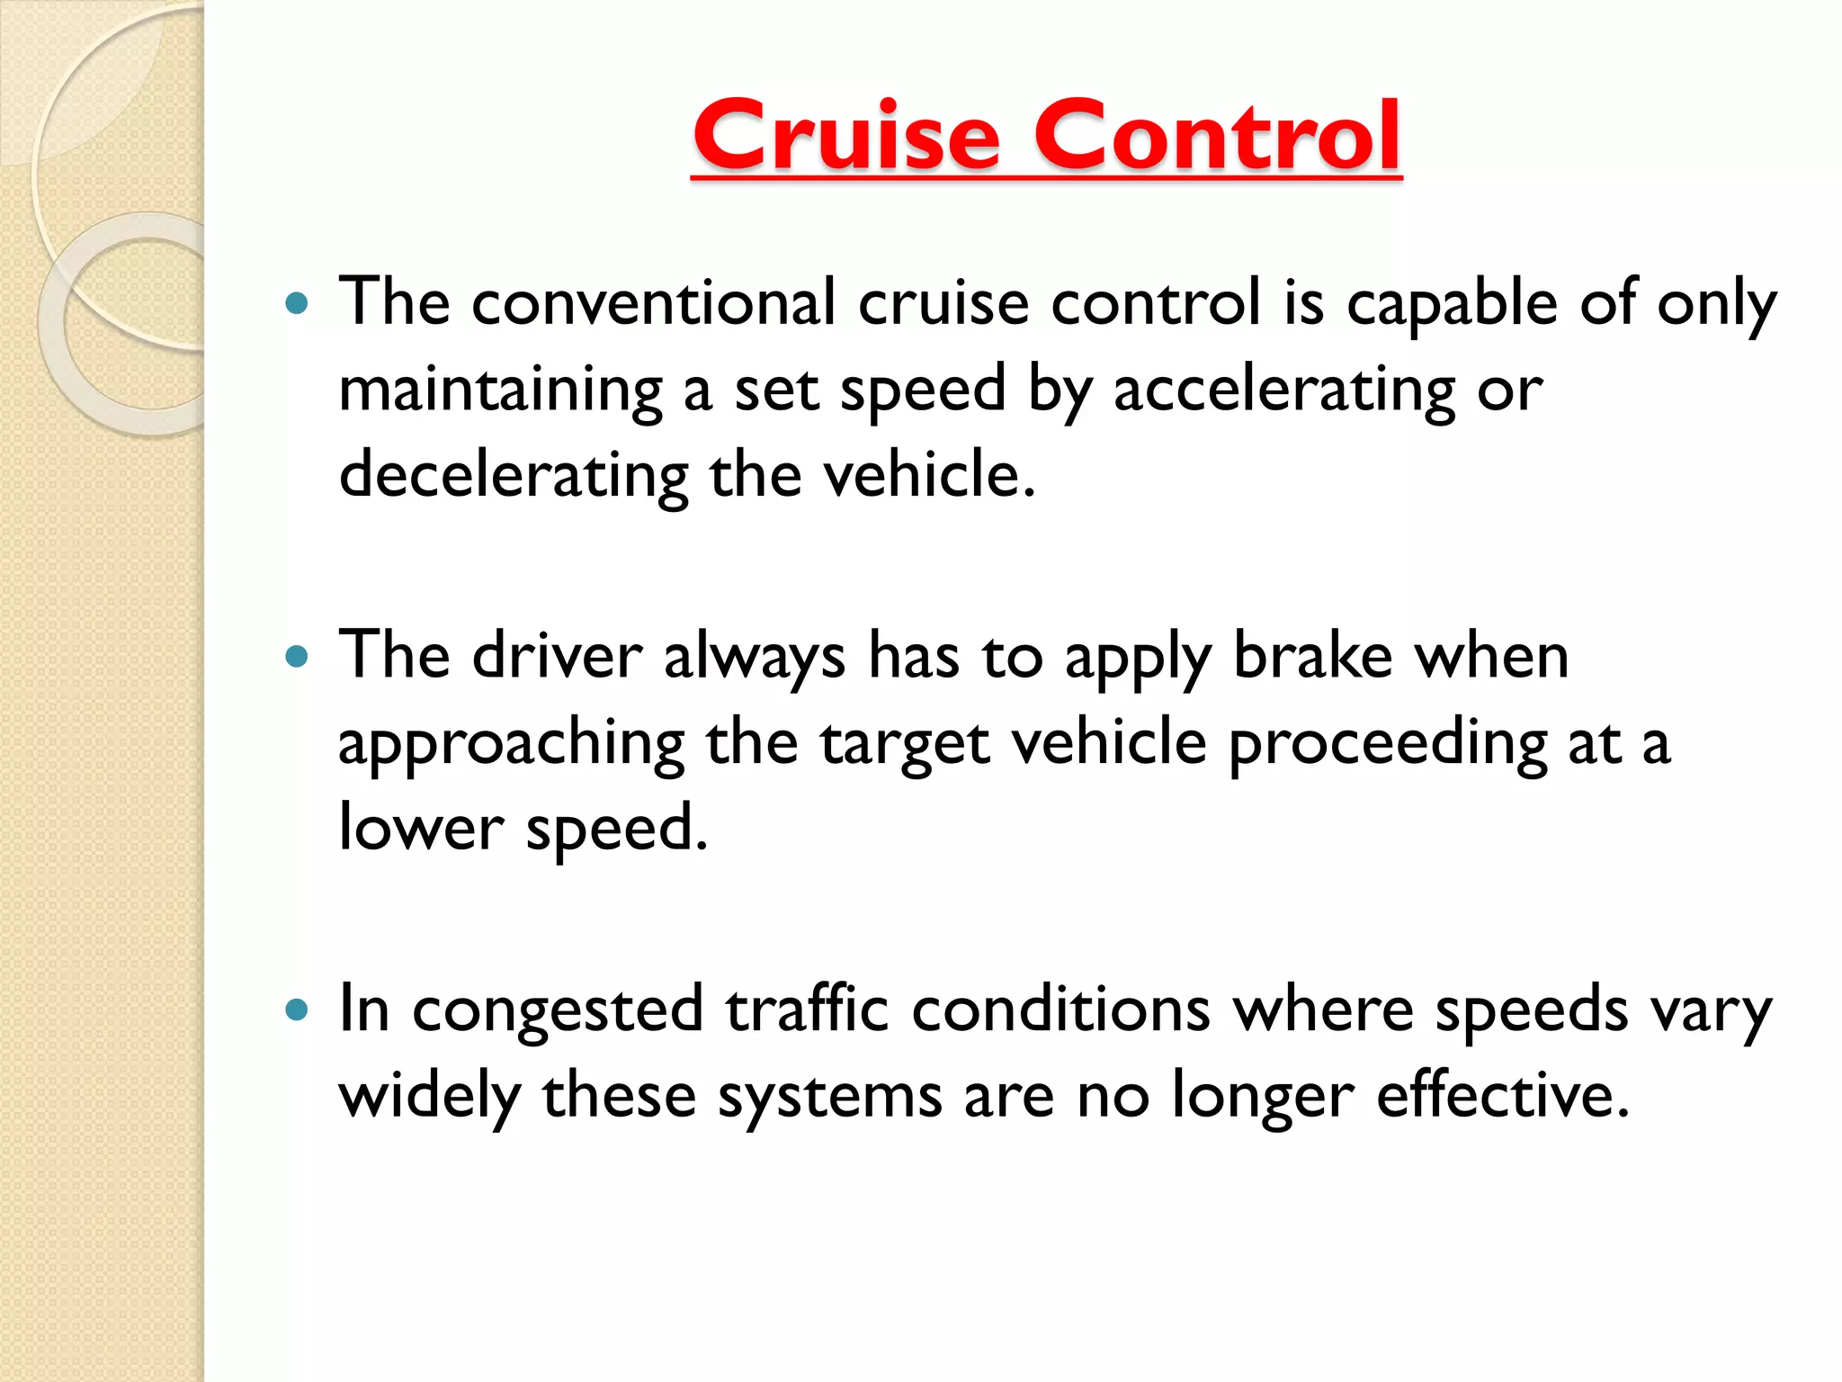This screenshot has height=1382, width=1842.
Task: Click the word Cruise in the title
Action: click(x=845, y=137)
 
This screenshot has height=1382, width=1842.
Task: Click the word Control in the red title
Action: click(x=1217, y=137)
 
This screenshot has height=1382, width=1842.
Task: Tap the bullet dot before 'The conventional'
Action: click(x=296, y=303)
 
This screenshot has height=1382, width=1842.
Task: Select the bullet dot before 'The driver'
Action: click(x=296, y=657)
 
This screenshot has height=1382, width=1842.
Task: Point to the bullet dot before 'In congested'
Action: click(x=296, y=1010)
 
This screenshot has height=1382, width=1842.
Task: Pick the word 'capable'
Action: click(x=1451, y=304)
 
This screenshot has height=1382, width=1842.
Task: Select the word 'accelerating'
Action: click(x=1283, y=390)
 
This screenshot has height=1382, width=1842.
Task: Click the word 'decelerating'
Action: click(x=514, y=476)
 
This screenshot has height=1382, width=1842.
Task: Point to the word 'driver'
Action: click(x=558, y=656)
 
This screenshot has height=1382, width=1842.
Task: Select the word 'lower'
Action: click(x=421, y=828)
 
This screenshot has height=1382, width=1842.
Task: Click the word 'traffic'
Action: click(x=808, y=1010)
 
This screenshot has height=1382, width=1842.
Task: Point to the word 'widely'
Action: click(x=430, y=1097)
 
